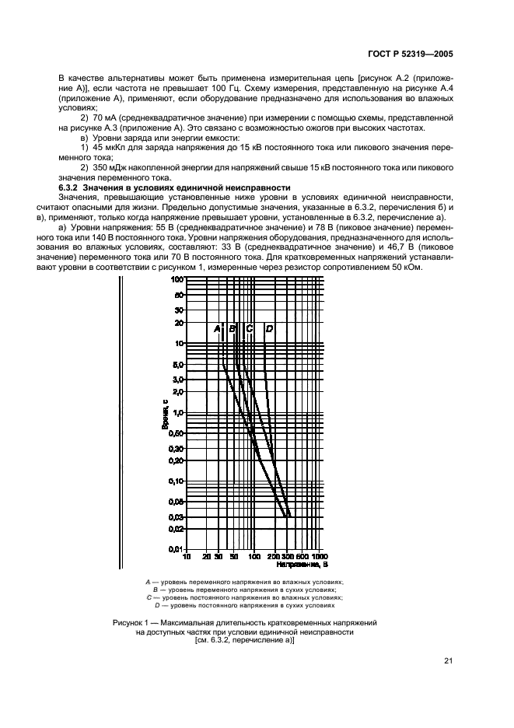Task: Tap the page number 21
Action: point(448,661)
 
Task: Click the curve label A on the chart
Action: point(218,329)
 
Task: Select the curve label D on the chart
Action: point(269,329)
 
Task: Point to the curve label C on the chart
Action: point(249,329)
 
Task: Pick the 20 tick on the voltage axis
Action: point(207,557)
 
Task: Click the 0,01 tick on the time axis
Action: point(175,549)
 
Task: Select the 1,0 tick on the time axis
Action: point(177,412)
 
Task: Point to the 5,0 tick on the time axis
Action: point(177,364)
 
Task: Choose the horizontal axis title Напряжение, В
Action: point(303,565)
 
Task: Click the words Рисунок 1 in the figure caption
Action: point(131,624)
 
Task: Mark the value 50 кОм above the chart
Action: point(407,268)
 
